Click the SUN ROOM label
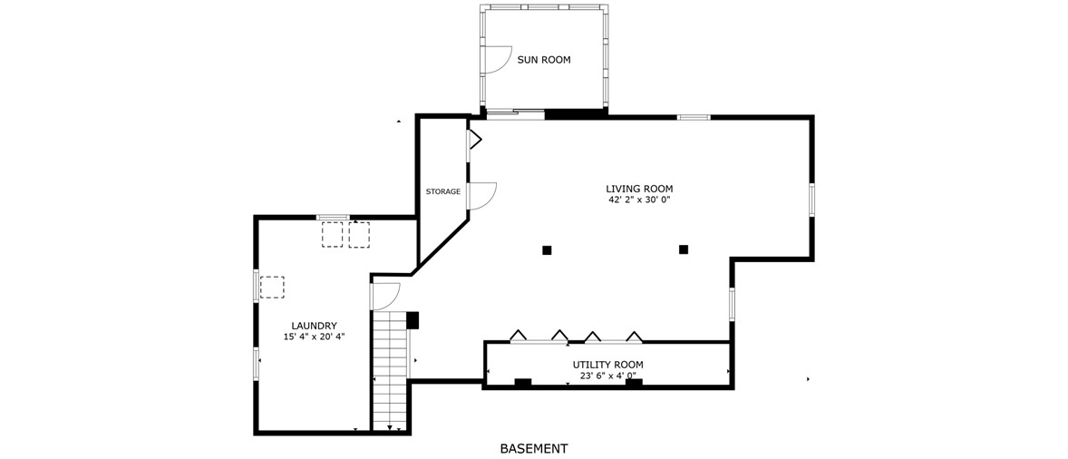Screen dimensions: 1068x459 [x=544, y=60]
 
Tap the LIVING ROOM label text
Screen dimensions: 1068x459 [x=639, y=189]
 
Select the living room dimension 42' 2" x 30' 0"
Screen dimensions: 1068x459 [x=639, y=200]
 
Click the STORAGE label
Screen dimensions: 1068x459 [x=442, y=192]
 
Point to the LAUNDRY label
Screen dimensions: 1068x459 [x=314, y=326]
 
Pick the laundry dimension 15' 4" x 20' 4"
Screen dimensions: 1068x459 [x=314, y=337]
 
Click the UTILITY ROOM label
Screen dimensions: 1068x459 [x=607, y=365]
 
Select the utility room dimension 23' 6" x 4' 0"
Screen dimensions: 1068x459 [x=607, y=376]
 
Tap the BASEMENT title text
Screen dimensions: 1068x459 [x=534, y=449]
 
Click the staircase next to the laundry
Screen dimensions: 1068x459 [x=390, y=370]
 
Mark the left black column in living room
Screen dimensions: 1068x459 [x=547, y=250]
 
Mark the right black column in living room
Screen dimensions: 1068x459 [x=684, y=249]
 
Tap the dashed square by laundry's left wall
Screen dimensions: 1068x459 [x=273, y=288]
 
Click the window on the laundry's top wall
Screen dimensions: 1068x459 [x=333, y=217]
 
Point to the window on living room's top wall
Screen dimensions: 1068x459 [x=694, y=117]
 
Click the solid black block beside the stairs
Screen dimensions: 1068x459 [x=413, y=320]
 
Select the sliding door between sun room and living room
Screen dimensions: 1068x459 [x=515, y=114]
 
